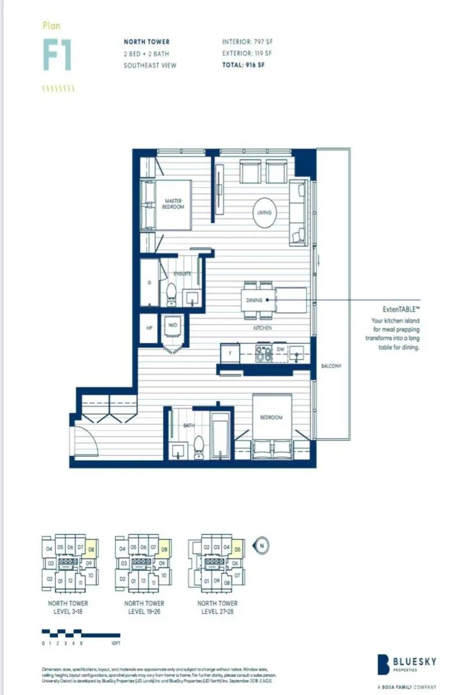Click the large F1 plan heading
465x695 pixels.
point(57,56)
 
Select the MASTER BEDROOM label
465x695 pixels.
point(173,204)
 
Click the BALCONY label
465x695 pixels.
point(331,366)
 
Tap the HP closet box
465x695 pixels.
point(149,328)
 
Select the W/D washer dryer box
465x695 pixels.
point(173,326)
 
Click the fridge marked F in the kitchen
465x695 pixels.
point(230,353)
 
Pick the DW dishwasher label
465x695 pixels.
point(280,349)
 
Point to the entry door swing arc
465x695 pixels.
point(83,440)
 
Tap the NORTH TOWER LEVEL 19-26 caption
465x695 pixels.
point(144,607)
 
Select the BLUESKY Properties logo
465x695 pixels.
point(407,662)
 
